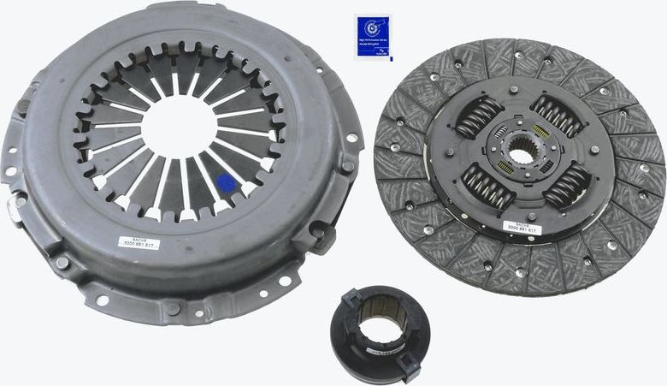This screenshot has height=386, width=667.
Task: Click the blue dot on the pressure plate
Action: click(x=227, y=182)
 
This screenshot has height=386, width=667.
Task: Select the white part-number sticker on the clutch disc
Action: click(x=520, y=228)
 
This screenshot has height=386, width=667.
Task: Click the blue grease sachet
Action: click(x=372, y=36)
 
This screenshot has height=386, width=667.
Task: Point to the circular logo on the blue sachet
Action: click(x=369, y=27)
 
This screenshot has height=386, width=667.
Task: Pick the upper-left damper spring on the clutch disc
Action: click(x=479, y=116)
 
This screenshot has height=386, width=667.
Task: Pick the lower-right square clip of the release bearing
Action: click(x=407, y=371)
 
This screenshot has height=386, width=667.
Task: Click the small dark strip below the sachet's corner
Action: click(x=385, y=59)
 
